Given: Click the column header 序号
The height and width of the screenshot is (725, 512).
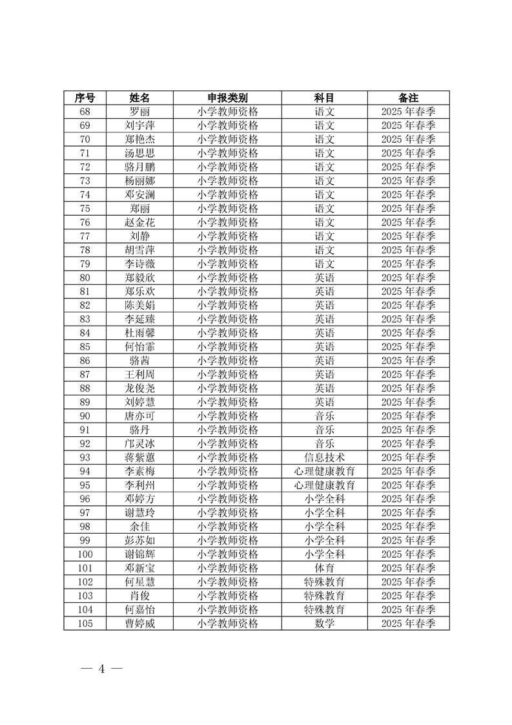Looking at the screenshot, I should tap(85, 98).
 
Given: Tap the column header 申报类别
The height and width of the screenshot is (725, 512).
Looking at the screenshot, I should tap(227, 98).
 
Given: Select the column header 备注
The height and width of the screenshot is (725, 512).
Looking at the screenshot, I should tap(408, 98).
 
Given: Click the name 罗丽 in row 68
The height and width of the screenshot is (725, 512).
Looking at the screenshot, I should tap(140, 112).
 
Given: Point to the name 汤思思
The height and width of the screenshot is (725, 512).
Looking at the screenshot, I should tap(140, 153).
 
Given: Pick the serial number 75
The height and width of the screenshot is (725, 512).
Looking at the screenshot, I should tap(85, 209).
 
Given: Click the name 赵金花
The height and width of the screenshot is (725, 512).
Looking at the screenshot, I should tap(140, 222).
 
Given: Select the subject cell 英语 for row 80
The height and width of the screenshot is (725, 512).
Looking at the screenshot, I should tap(324, 278).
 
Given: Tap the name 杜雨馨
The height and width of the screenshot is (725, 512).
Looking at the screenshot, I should tap(140, 333).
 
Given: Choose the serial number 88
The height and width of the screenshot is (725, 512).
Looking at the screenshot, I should tap(85, 388).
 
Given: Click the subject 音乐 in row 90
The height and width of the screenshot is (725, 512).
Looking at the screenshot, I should tap(324, 416).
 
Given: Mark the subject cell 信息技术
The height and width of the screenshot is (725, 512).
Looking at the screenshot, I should tap(324, 457).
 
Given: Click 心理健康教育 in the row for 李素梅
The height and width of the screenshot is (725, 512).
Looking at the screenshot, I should tap(324, 471).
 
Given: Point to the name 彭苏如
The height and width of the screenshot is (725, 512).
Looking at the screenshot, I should tap(140, 540).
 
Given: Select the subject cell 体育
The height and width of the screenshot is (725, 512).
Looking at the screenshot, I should tap(324, 568).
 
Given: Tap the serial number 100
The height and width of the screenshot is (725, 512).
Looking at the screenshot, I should tap(85, 554).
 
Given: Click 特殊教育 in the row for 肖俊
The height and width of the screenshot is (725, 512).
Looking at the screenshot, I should tap(324, 596).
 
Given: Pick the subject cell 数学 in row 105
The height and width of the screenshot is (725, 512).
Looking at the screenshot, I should tap(324, 624).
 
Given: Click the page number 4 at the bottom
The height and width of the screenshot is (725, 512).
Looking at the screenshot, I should tap(101, 668).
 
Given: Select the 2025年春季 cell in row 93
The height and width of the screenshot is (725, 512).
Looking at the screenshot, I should tap(408, 457).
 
